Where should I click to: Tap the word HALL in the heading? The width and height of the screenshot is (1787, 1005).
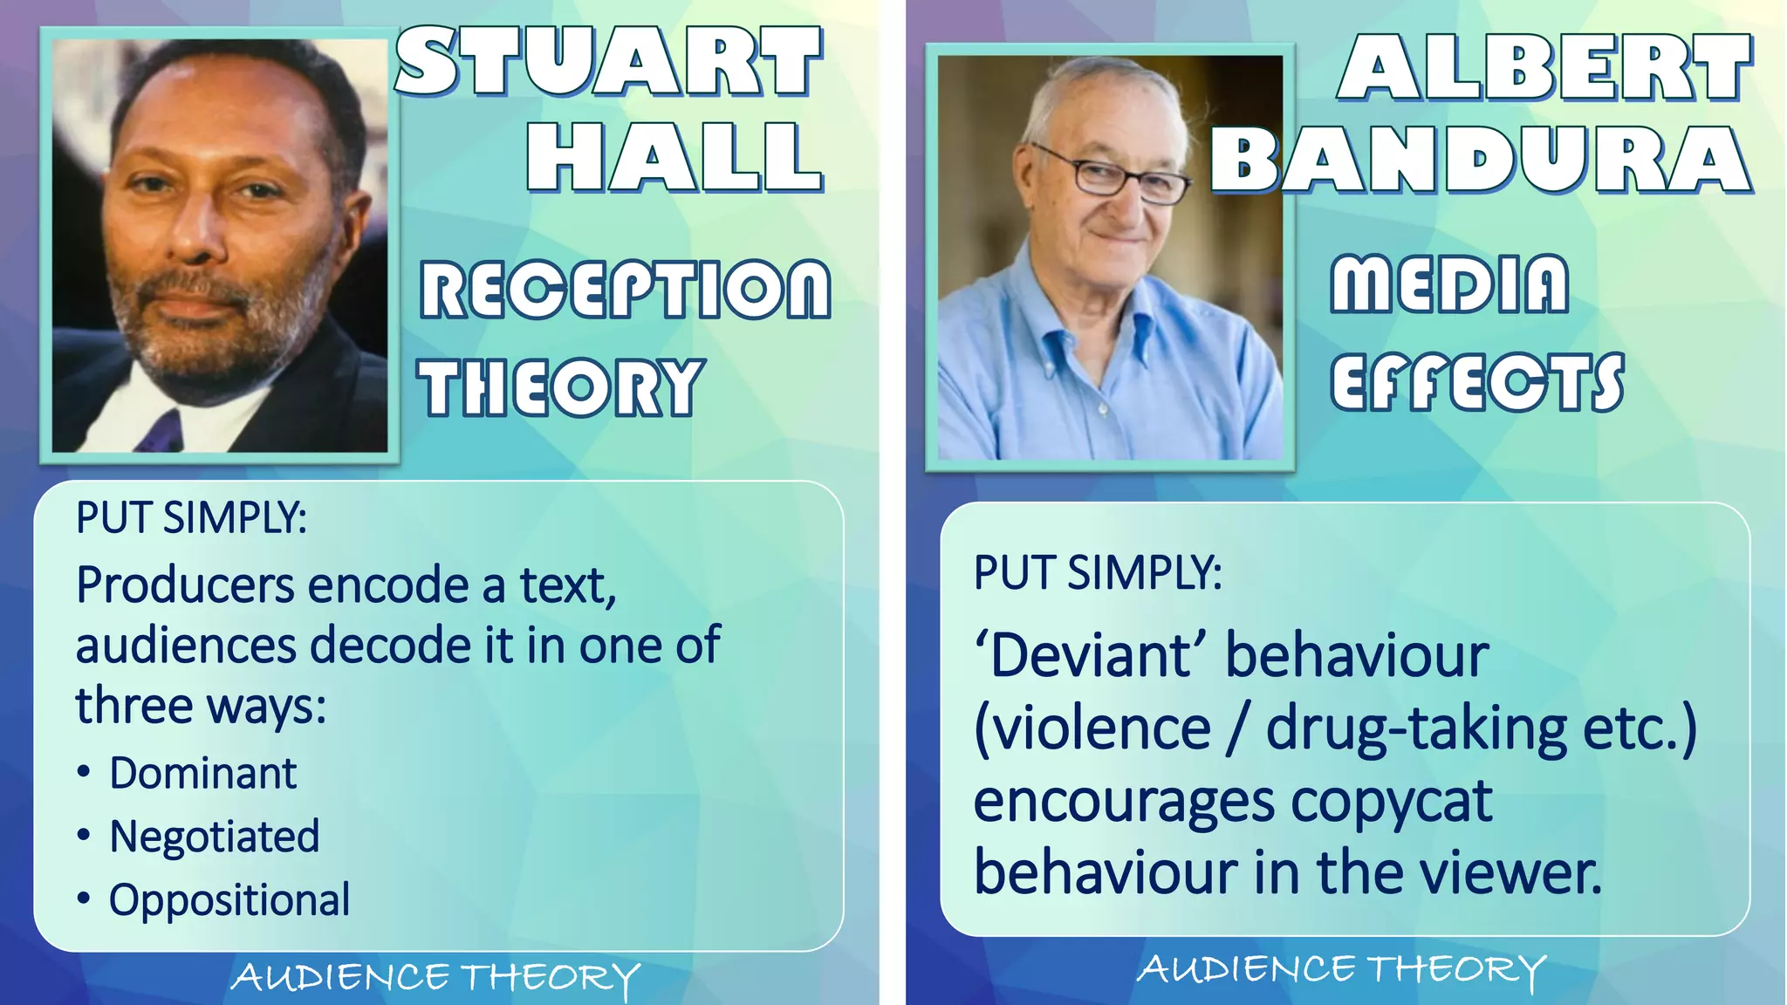pyautogui.click(x=674, y=157)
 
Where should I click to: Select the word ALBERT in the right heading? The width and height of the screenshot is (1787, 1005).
pyautogui.click(x=1544, y=68)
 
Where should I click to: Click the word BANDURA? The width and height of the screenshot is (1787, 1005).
pyautogui.click(x=1481, y=161)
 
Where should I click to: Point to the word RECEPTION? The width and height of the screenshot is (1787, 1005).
pyautogui.click(x=625, y=290)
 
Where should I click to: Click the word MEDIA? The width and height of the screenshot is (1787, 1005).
pyautogui.click(x=1449, y=284)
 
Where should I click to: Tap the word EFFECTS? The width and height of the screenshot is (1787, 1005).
pyautogui.click(x=1476, y=382)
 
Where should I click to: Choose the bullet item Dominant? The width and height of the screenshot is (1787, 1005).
pyautogui.click(x=202, y=774)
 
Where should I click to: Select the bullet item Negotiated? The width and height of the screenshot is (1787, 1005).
pyautogui.click(x=215, y=837)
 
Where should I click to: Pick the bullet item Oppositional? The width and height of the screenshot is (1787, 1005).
pyautogui.click(x=229, y=900)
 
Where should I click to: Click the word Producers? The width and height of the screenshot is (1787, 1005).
pyautogui.click(x=185, y=585)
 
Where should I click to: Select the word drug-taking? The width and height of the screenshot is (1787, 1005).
pyautogui.click(x=1416, y=728)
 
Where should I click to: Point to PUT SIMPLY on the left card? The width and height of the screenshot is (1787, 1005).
pyautogui.click(x=191, y=517)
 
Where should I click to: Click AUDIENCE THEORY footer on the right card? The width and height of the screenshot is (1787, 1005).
pyautogui.click(x=1340, y=970)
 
